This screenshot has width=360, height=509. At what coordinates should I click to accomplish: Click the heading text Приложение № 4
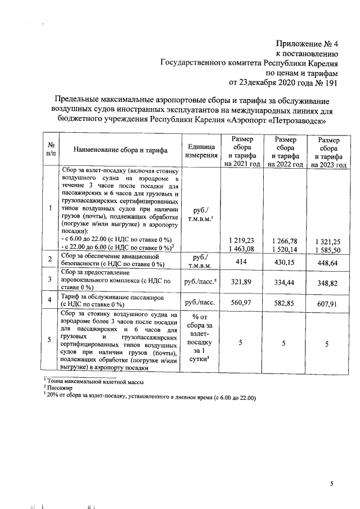pyautogui.click(x=307, y=44)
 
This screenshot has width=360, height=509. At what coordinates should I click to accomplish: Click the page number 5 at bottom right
pyautogui.click(x=332, y=484)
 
